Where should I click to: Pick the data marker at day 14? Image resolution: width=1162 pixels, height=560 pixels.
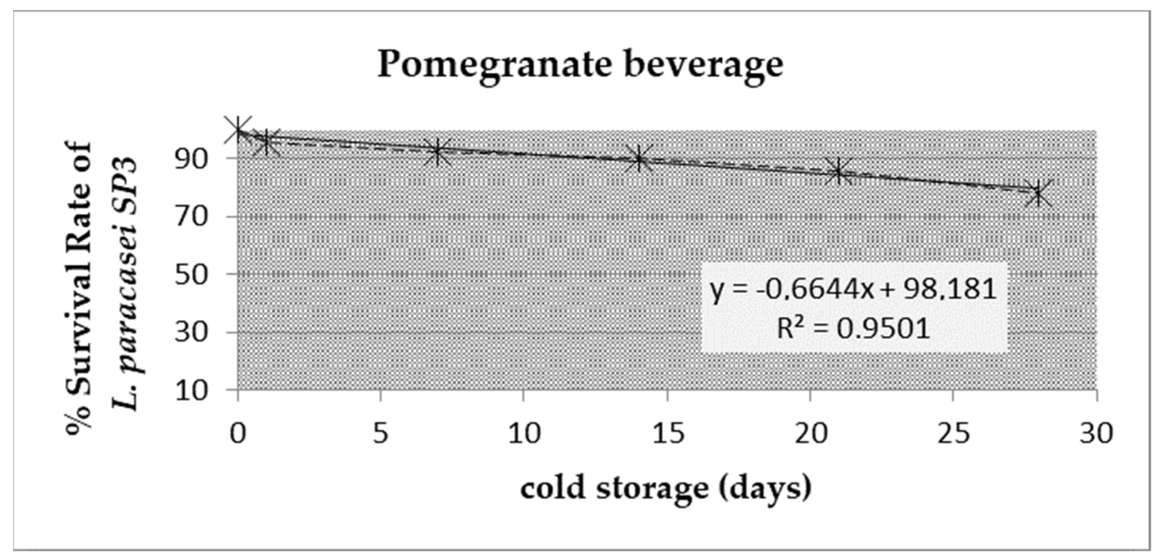coord(638,159)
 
